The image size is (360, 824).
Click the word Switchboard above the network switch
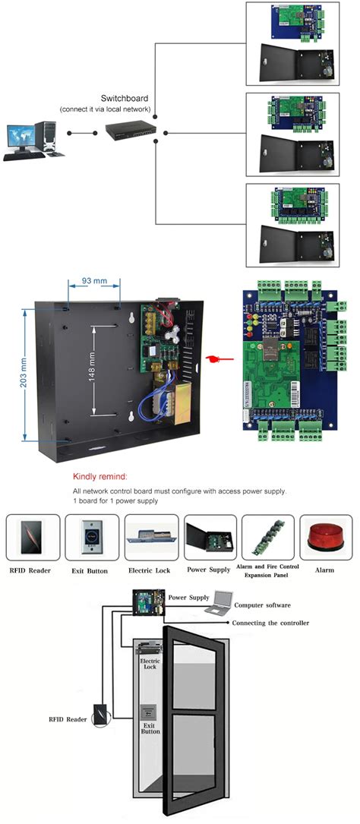123,99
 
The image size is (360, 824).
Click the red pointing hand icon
217,358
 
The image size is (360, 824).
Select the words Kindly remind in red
100,477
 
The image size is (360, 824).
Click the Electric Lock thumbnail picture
152,538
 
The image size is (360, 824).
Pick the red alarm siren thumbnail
325,538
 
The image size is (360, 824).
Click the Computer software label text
262,605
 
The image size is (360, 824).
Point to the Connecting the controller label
272,623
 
